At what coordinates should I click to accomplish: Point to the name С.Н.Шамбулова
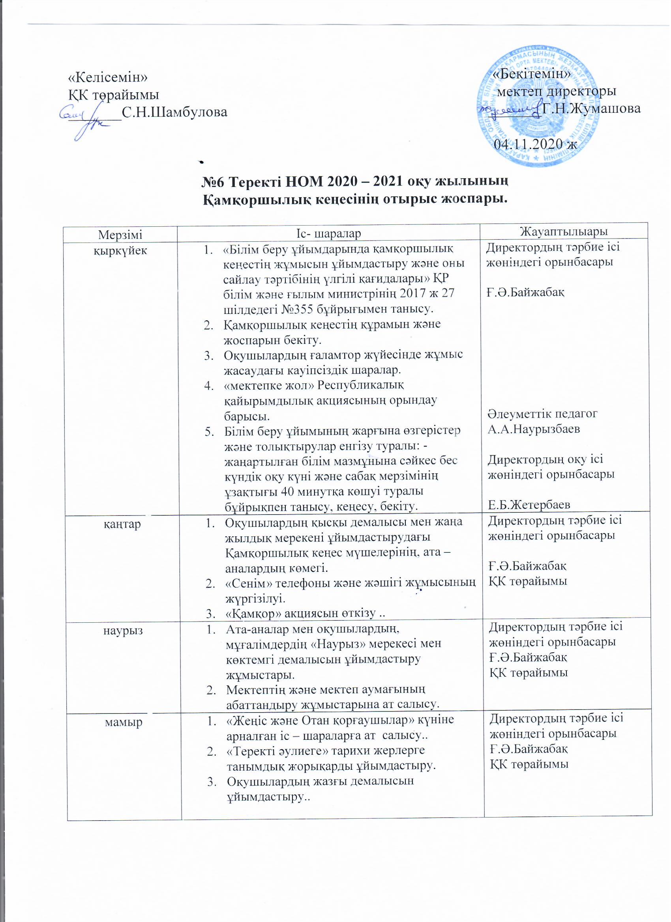(174, 111)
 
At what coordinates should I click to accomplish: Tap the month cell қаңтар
(122, 525)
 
